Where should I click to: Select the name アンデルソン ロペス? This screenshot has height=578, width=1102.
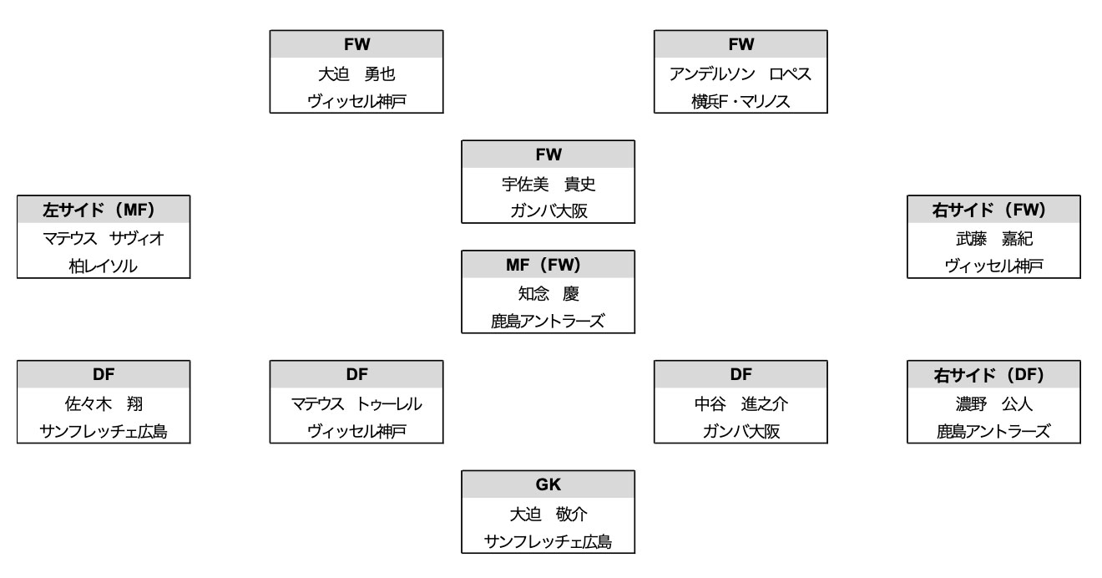pos(741,73)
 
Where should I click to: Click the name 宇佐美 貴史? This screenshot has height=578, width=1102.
pos(548,183)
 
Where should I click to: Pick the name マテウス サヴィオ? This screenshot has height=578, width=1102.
pos(104,238)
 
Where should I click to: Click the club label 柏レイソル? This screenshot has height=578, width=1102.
pos(104,265)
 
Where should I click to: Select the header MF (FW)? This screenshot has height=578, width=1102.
pos(548,265)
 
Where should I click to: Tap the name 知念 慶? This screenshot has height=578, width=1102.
pos(548,293)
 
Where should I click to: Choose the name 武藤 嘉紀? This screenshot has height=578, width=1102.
pos(994,238)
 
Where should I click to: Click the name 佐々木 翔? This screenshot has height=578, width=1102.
pos(104,403)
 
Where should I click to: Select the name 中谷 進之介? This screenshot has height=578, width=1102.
pos(741,403)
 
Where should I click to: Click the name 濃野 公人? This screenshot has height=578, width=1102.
pos(994,403)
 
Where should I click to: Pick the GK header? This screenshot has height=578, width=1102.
pos(548,485)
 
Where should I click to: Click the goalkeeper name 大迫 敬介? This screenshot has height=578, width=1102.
pos(548,514)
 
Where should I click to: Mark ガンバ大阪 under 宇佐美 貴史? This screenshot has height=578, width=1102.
pos(548,210)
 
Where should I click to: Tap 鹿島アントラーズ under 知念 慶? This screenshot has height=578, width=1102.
pos(548,320)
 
